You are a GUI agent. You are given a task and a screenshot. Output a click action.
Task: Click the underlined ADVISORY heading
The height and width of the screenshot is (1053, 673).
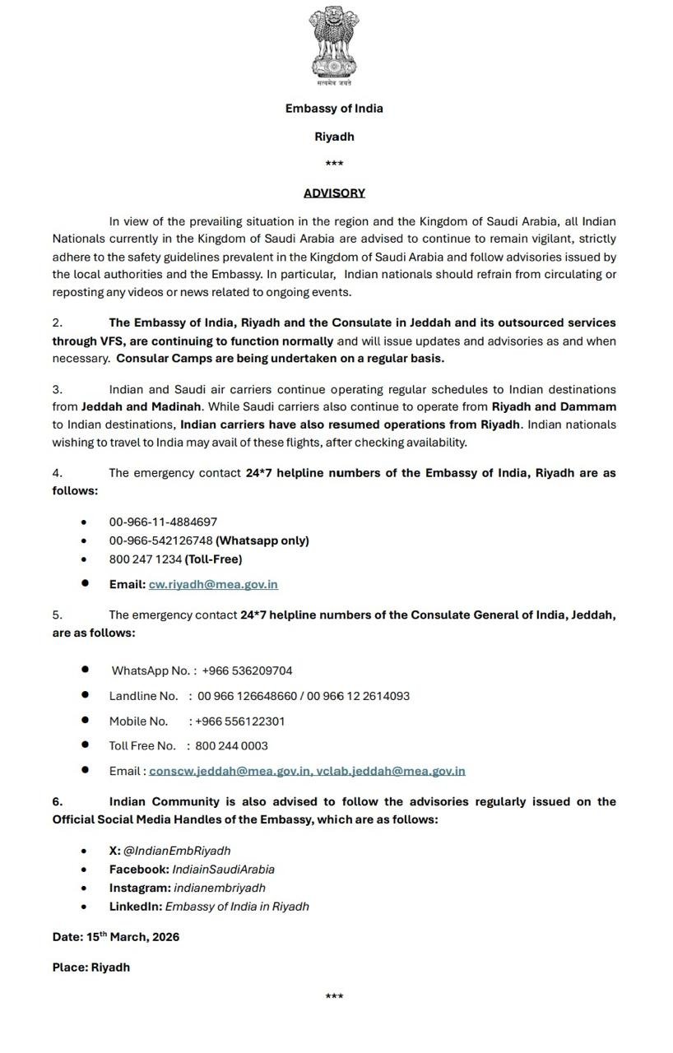(x=334, y=193)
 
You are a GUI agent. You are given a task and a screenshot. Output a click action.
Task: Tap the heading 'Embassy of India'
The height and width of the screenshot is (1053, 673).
(x=334, y=108)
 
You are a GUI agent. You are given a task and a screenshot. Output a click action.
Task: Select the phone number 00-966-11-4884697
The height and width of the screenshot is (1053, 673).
(x=163, y=522)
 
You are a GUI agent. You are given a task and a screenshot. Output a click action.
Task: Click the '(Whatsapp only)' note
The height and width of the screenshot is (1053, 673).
(x=262, y=540)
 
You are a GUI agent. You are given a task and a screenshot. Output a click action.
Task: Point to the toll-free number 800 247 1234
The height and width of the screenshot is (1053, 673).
(x=146, y=559)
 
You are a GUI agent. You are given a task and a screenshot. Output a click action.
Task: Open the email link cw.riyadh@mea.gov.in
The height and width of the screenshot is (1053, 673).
(x=213, y=584)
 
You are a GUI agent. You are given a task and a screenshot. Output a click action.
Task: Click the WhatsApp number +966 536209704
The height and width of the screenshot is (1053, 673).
(x=247, y=670)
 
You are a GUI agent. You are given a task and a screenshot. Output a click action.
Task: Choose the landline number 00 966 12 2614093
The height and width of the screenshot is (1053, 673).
(x=359, y=696)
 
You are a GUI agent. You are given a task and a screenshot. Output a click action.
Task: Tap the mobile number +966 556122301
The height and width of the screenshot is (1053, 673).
(x=240, y=721)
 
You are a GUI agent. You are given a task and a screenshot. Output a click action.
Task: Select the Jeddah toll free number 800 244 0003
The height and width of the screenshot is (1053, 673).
(x=231, y=746)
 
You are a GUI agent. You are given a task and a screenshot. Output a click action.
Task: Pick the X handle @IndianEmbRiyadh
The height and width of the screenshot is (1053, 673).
(x=177, y=851)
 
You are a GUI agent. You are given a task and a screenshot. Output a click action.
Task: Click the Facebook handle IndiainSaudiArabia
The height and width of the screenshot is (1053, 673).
(x=223, y=870)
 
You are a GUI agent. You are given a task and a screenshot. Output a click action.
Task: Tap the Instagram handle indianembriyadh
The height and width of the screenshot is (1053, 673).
(x=220, y=888)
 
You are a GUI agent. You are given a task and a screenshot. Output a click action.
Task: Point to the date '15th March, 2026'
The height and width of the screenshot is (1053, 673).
(x=132, y=937)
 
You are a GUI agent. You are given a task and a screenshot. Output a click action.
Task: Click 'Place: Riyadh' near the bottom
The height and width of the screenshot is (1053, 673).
(x=91, y=967)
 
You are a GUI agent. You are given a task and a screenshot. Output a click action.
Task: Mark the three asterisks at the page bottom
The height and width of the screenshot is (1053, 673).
(x=334, y=997)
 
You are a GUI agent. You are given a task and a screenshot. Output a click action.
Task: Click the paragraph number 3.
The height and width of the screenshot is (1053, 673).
(x=57, y=389)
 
